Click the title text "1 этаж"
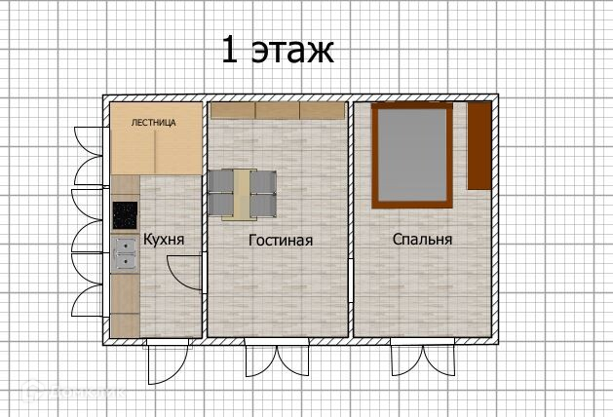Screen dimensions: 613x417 point(278,50)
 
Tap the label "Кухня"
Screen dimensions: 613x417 point(164,239)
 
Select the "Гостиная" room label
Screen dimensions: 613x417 point(281,240)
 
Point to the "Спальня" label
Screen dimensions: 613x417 point(422,239)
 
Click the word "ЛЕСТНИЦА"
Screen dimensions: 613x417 point(154,123)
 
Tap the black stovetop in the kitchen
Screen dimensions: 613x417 point(125,215)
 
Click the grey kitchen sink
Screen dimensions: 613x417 point(125,254)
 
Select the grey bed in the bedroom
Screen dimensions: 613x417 point(412,155)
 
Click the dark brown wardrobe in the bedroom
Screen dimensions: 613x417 point(479,146)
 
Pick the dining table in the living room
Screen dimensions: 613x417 point(243,194)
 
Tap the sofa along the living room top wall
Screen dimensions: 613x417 point(278,111)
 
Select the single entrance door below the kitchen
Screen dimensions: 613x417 point(168,361)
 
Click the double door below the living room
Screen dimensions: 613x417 point(277,358)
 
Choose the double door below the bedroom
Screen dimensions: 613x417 point(423,358)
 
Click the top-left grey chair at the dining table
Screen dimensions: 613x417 point(221,182)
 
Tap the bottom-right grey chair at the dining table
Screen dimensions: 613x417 point(263,206)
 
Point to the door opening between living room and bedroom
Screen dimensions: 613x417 point(351,280)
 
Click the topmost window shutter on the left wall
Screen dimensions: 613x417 point(89,141)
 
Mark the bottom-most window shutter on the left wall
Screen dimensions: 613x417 point(88,300)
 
